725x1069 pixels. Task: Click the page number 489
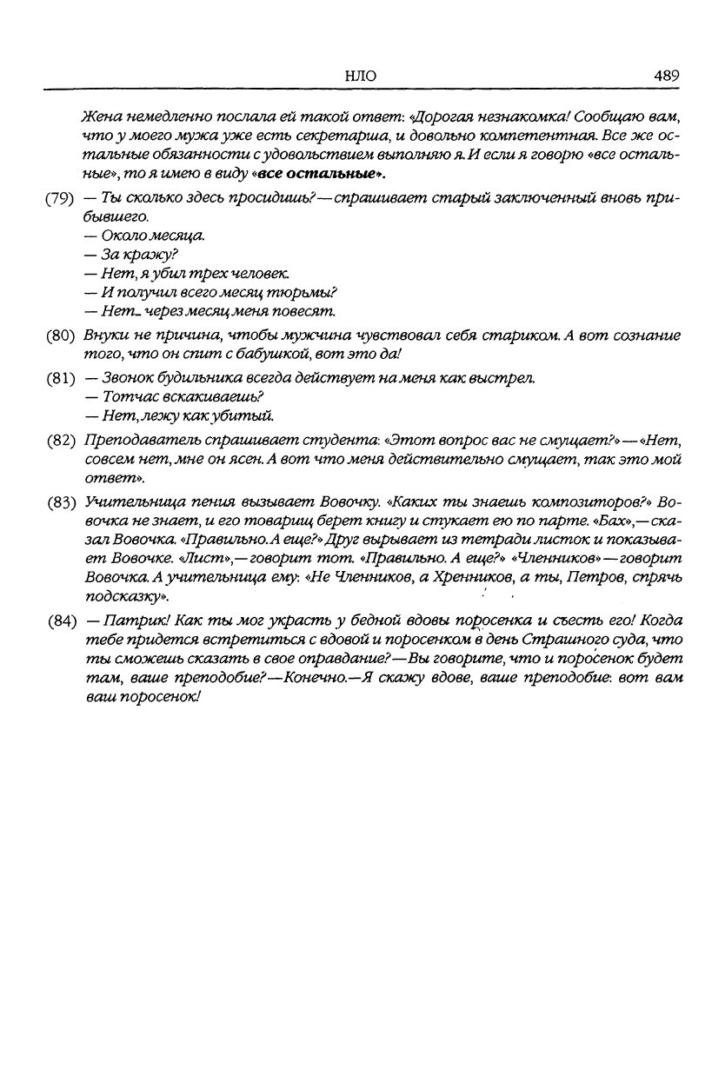[666, 76]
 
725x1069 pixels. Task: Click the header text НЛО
[360, 76]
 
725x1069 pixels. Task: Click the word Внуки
[106, 335]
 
